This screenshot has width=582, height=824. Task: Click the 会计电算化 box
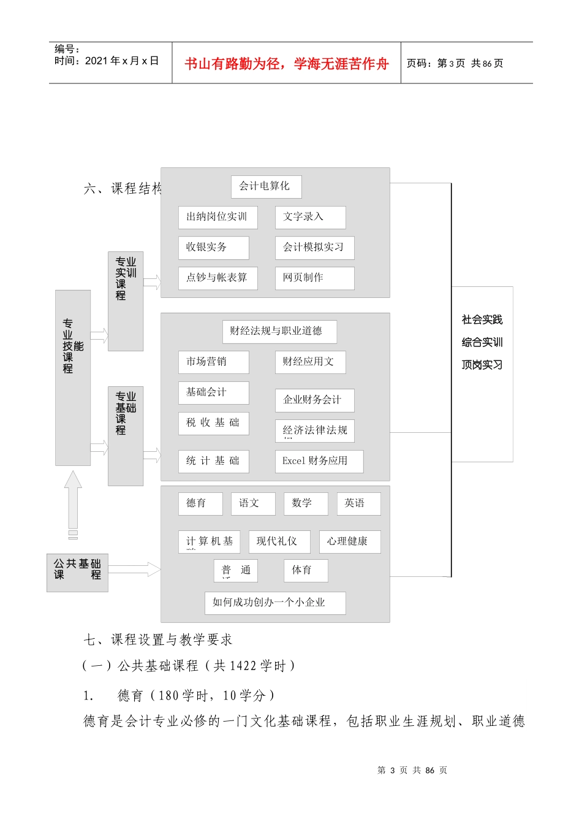pyautogui.click(x=266, y=186)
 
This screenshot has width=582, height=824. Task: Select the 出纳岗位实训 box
pyautogui.click(x=217, y=217)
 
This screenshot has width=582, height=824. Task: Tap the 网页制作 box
pyautogui.click(x=314, y=278)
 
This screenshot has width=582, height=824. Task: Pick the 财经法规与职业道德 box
pyautogui.click(x=279, y=331)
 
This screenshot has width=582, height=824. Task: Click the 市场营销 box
pyautogui.click(x=213, y=362)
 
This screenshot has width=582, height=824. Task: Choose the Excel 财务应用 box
pyautogui.click(x=319, y=461)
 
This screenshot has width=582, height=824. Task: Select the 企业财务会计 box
pyautogui.click(x=314, y=400)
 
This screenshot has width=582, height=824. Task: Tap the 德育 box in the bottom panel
pyautogui.click(x=200, y=503)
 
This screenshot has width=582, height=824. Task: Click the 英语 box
pyautogui.click(x=358, y=503)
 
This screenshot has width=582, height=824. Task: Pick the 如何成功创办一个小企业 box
pyautogui.click(x=274, y=603)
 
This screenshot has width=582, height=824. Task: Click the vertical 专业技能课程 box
pyautogui.click(x=72, y=377)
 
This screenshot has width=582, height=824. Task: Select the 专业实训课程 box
pyautogui.click(x=125, y=300)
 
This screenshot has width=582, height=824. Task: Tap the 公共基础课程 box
pyautogui.click(x=77, y=572)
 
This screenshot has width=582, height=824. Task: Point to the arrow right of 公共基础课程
pyautogui.click(x=134, y=569)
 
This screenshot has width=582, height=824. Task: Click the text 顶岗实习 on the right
pyautogui.click(x=482, y=365)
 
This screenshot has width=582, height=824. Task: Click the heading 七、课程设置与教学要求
pyautogui.click(x=158, y=640)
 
